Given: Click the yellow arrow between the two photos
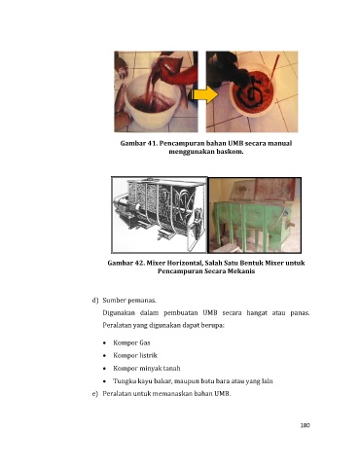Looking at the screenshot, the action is point(202,95).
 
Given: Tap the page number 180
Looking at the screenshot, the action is point(305,425).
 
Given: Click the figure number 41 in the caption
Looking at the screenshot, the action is point(151,143).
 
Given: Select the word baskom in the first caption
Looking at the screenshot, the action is point(231,152).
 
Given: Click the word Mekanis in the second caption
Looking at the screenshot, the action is point(241,271).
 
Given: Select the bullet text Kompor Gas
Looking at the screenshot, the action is point(131,342).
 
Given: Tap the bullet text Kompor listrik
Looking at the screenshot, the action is point(135,355).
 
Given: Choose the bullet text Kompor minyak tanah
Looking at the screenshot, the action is point(147,368).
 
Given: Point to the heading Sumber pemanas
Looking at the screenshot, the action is point(129,301).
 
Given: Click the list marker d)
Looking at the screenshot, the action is point(95,301).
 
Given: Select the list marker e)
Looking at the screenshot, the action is point(95,393).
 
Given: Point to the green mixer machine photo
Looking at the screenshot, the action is point(255,215).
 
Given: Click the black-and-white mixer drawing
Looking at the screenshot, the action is point(160,215).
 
